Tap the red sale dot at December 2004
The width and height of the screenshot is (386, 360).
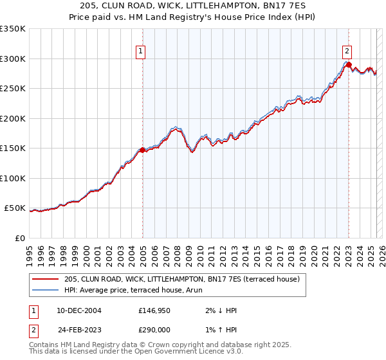coord(142,150)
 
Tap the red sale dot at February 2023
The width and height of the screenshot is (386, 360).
coord(348,64)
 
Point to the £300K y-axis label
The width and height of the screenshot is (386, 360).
coord(12,59)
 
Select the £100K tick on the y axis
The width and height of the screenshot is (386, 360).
coord(12,178)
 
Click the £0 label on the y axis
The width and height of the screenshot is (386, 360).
coord(19,238)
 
